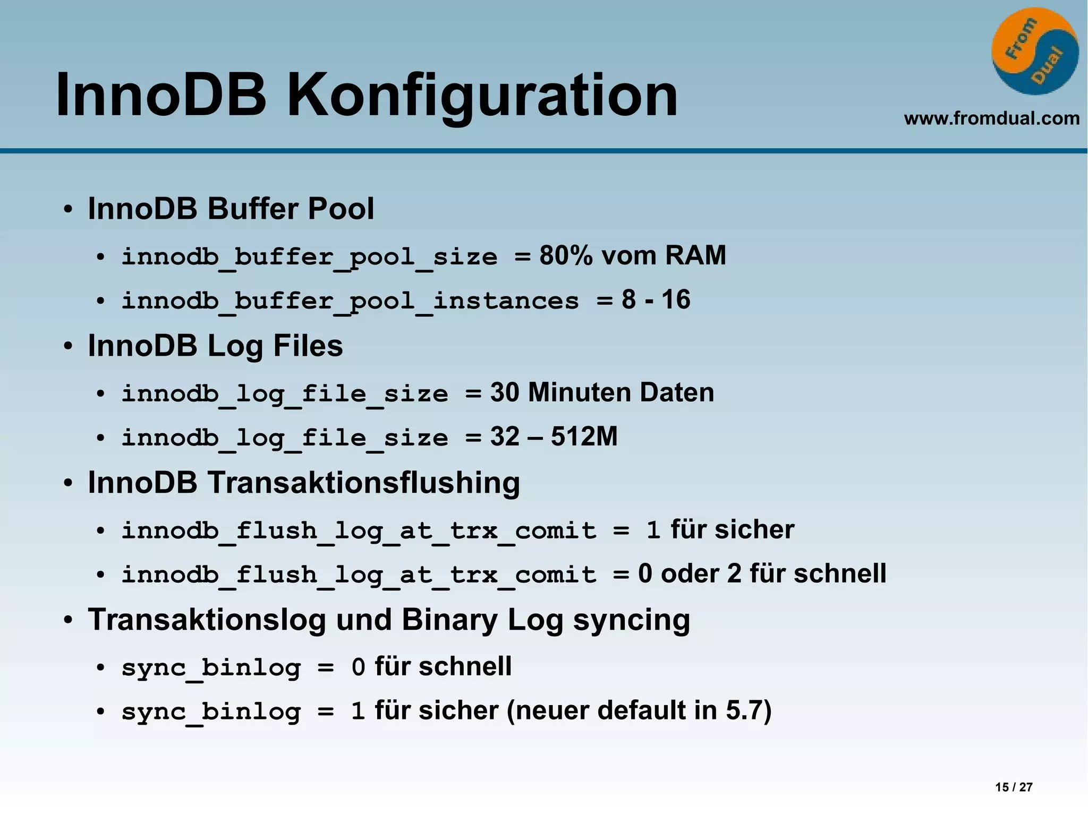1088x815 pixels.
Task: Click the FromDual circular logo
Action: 1034,52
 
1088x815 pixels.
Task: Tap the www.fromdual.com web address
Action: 991,118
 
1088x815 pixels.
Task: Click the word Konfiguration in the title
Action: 482,96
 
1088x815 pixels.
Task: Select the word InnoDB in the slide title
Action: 160,96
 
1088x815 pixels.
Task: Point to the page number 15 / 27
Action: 1014,787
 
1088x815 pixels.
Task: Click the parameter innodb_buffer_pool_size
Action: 309,257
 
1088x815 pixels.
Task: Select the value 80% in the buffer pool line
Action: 565,255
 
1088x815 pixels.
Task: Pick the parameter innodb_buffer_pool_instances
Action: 350,301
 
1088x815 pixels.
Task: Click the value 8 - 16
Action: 656,299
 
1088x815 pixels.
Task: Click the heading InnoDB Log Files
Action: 215,346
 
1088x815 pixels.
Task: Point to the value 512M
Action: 584,436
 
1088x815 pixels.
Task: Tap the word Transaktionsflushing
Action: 363,483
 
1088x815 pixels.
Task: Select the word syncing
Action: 632,620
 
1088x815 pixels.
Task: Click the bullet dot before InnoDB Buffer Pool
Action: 67,209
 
